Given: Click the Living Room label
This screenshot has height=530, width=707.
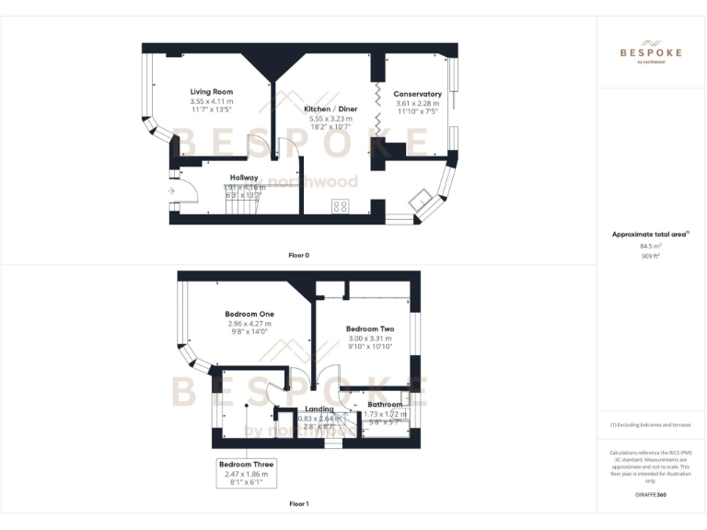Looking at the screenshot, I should [212, 92].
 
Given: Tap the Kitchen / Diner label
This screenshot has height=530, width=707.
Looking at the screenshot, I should [329, 109].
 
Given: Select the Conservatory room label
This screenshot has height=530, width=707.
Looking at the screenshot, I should [417, 94].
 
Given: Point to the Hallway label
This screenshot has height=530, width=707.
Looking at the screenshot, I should [244, 178].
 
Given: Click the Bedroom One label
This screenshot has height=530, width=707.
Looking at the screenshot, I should [250, 314].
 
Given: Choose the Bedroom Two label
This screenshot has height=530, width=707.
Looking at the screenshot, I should [369, 328].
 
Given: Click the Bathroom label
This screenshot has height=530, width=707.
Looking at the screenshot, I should [385, 405].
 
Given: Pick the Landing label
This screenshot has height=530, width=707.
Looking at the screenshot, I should [319, 409].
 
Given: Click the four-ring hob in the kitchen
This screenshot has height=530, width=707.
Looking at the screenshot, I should [340, 206].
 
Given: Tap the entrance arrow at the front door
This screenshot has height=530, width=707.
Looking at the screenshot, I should [173, 191].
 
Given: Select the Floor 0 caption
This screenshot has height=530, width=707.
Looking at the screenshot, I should [299, 254].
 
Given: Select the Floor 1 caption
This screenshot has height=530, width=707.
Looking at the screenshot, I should [299, 504].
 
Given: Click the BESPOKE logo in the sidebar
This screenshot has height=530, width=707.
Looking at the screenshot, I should [651, 52].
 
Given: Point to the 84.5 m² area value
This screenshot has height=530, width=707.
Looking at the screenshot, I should [651, 246].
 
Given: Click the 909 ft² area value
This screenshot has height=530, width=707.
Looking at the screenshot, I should [651, 256].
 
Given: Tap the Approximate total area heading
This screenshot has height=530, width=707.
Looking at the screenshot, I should [650, 235].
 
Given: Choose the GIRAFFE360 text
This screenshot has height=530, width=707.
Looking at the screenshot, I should [651, 495].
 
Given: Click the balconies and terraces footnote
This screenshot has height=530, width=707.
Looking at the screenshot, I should [651, 425].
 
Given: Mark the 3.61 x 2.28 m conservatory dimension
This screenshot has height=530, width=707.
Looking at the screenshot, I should [417, 103].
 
